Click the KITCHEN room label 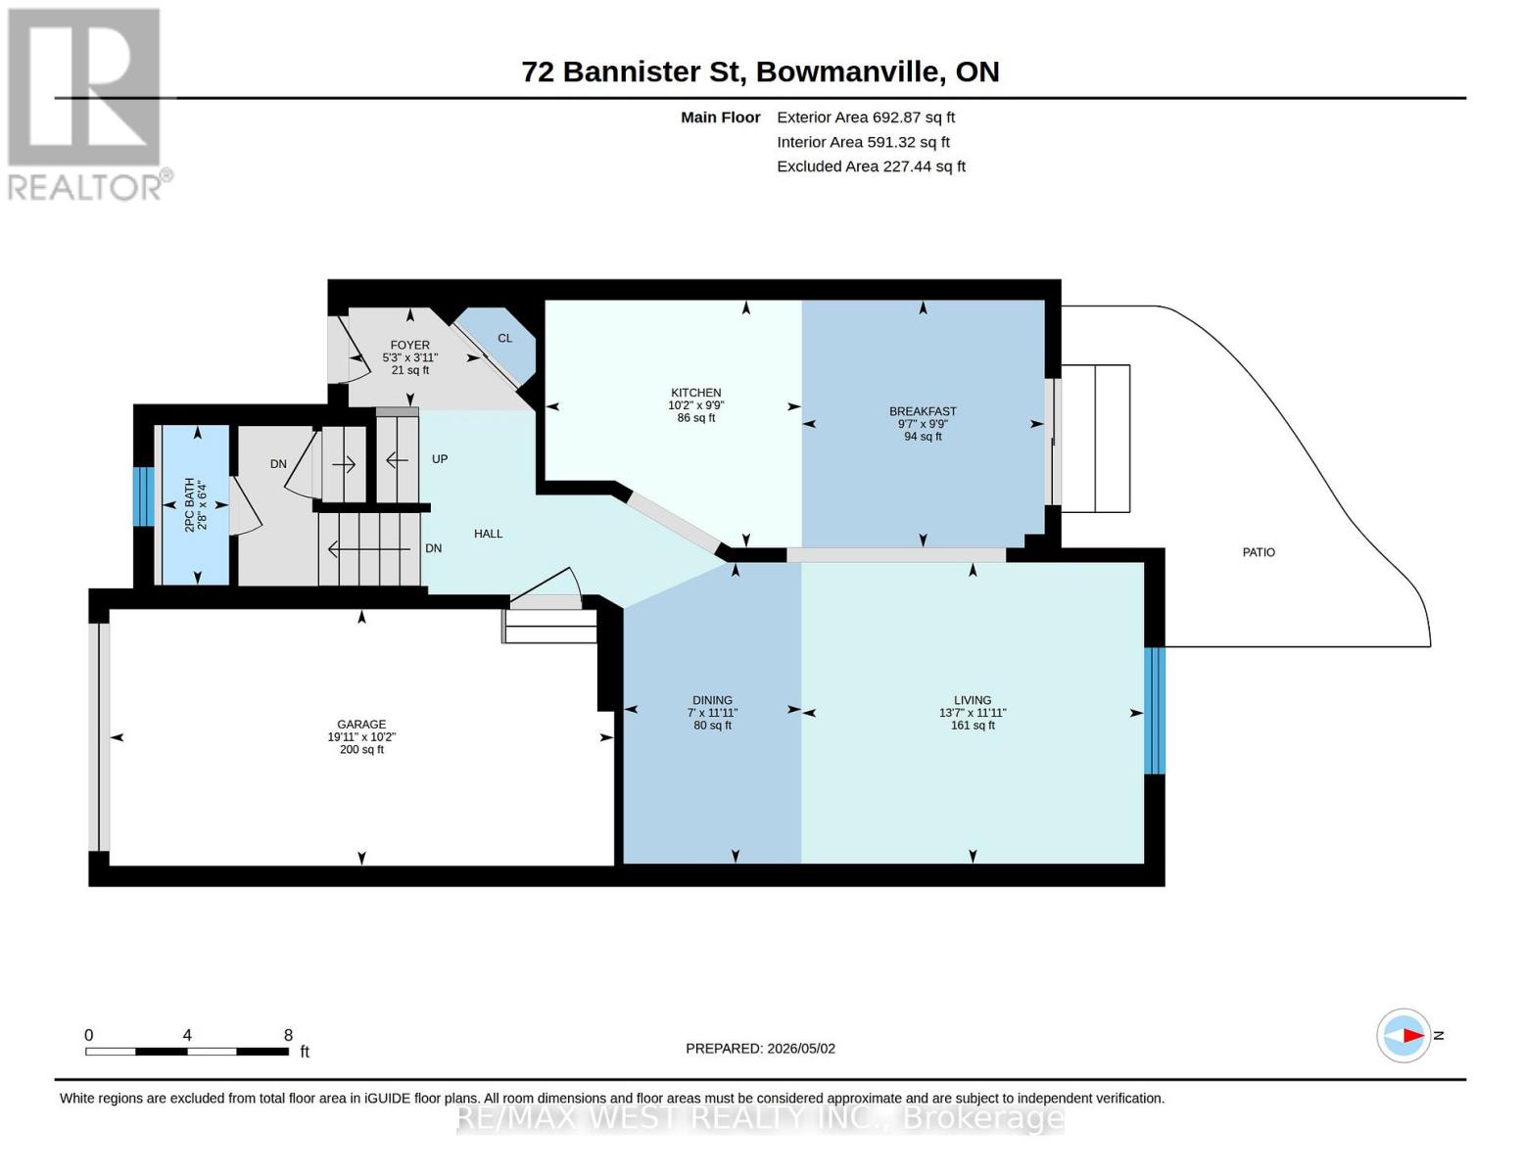(x=695, y=393)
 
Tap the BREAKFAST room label (x=923, y=411)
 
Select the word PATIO (x=1259, y=552)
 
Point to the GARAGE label (x=361, y=725)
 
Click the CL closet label (x=504, y=338)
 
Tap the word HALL (x=488, y=534)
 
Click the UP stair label (x=440, y=459)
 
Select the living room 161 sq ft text (x=973, y=725)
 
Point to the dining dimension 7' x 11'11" (x=712, y=713)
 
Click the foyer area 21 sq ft (x=410, y=369)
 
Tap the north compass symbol (x=1403, y=1036)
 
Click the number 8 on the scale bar (x=288, y=1035)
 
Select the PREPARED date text (x=760, y=1049)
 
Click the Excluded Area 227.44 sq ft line (x=871, y=166)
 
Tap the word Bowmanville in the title (x=847, y=71)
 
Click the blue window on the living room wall (x=1155, y=710)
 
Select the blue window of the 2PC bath (x=144, y=496)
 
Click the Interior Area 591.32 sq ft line (x=863, y=142)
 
